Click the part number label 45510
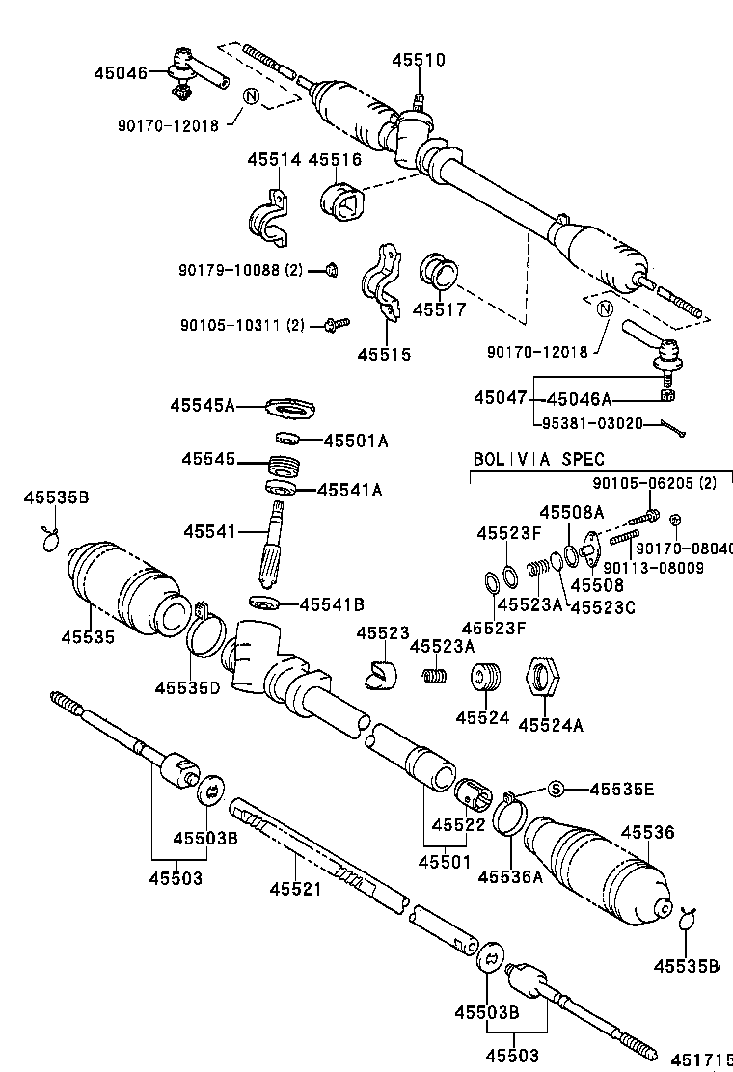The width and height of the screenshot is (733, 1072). (x=419, y=60)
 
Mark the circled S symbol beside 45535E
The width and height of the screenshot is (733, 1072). (x=556, y=790)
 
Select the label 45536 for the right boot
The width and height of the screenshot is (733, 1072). (x=647, y=833)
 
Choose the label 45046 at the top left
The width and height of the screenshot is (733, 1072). (x=121, y=72)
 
